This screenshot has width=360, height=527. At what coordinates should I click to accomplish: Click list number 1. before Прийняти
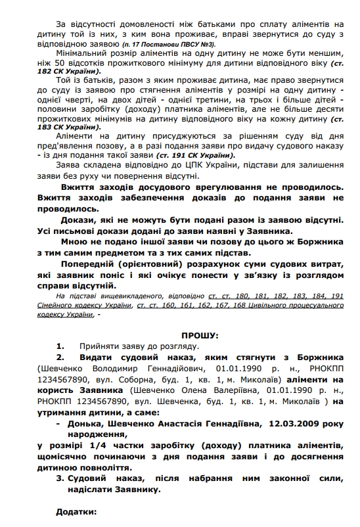coord(60,345)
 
